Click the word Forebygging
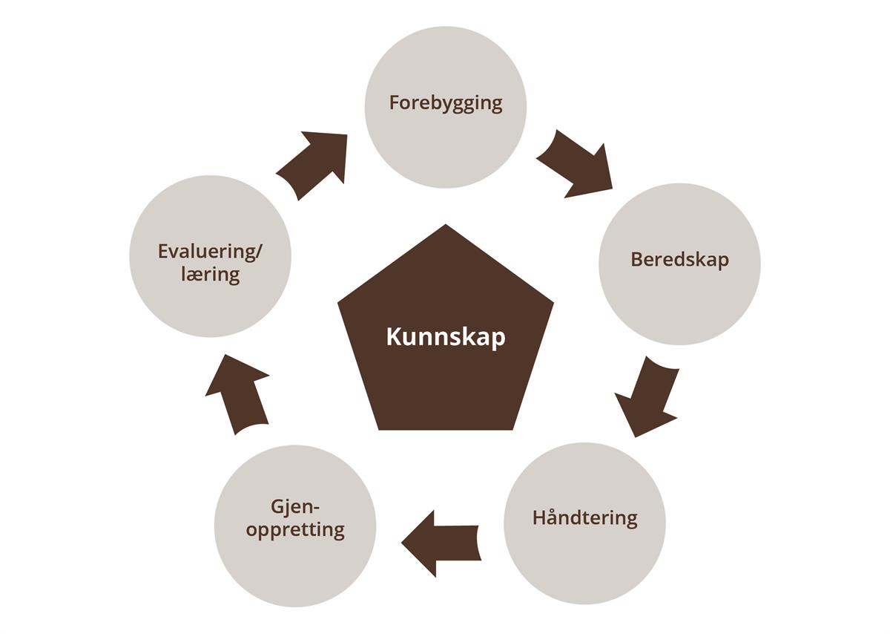[x=446, y=103]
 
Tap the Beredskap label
[x=679, y=259]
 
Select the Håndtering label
[x=584, y=517]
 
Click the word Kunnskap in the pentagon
[x=446, y=336]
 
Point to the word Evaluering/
[x=211, y=251]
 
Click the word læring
[x=211, y=274]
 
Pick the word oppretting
[x=295, y=531]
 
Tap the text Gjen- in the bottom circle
[x=295, y=508]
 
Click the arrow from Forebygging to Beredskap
[x=574, y=164]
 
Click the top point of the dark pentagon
[x=446, y=226]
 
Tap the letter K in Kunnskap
[x=392, y=336]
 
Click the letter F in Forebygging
[x=395, y=102]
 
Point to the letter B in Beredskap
[x=636, y=259]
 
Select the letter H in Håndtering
[x=539, y=517]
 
